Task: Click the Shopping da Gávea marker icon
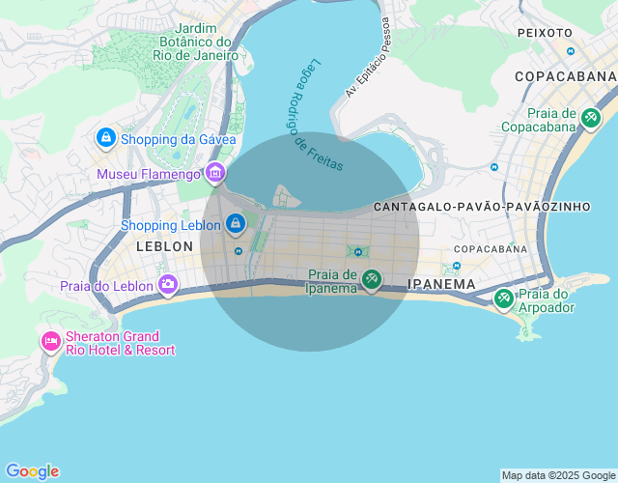105,138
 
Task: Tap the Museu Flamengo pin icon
215,174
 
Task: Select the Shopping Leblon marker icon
235,225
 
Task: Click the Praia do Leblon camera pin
169,285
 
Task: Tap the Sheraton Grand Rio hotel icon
50,341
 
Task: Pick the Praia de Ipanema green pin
372,280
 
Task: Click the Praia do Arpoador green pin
503,298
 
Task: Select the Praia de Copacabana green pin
591,118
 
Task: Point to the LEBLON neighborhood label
164,246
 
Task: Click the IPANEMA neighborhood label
441,284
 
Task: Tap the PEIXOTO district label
545,32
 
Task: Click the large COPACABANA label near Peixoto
566,75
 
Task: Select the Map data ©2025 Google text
558,475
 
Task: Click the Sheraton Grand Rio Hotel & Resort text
121,343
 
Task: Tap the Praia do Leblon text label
106,286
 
